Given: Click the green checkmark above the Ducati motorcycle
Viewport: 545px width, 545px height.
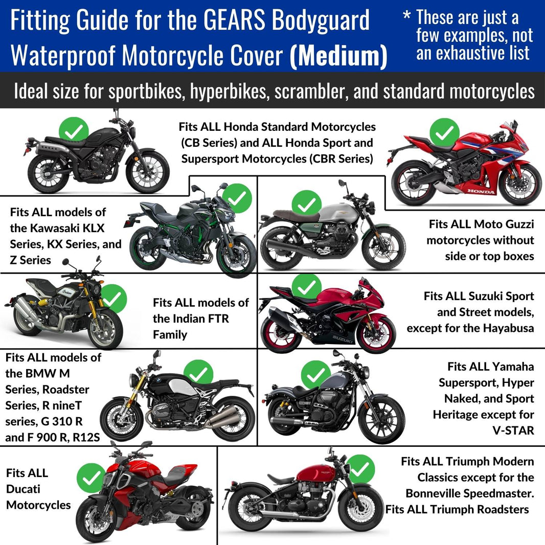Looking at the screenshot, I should coord(92,478).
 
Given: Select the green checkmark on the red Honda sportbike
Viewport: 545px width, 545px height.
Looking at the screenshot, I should coord(444,132).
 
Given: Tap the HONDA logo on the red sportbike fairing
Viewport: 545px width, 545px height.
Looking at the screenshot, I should coord(481,192).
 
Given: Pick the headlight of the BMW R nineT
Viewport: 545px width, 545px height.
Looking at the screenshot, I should coord(134,380).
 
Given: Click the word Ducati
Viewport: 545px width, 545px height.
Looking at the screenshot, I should coord(23,489).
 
